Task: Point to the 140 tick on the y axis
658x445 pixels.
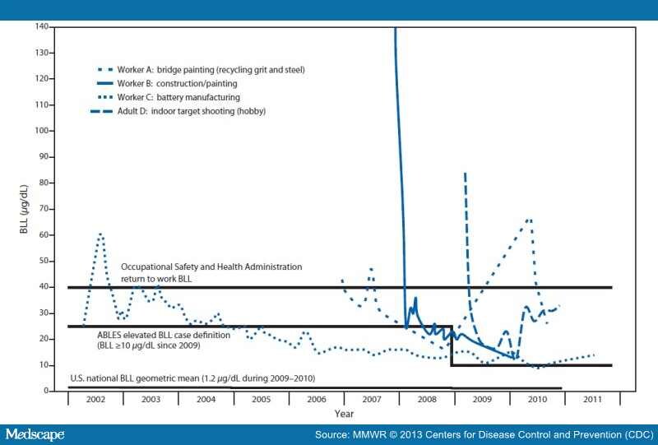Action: coord(41,27)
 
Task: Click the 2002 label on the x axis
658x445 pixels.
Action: coord(95,399)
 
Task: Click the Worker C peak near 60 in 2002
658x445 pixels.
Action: coord(100,234)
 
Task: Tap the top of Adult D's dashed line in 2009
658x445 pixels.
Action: coord(466,174)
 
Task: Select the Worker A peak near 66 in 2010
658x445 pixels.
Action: coord(529,220)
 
